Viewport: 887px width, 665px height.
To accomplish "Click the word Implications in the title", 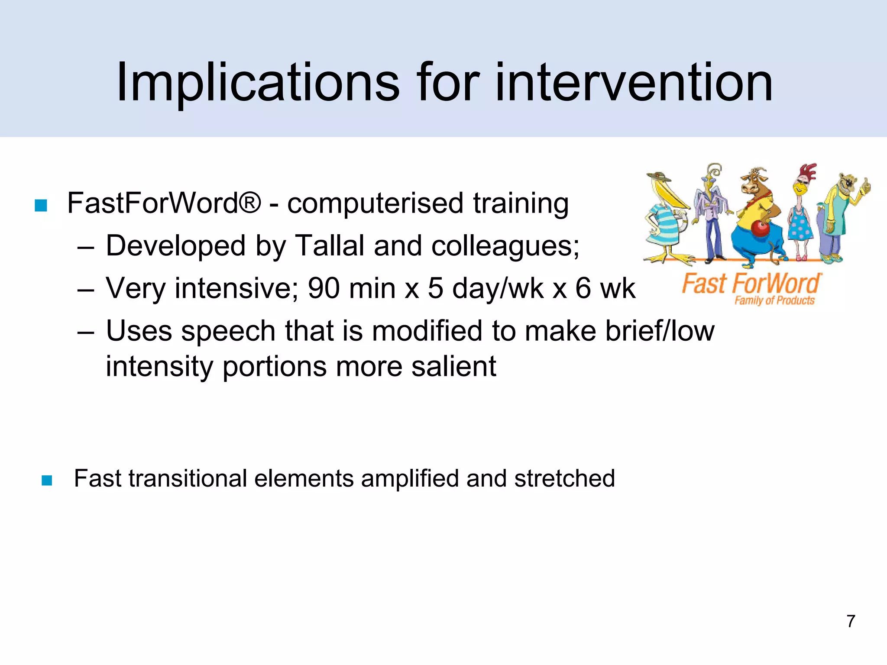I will coord(258,82).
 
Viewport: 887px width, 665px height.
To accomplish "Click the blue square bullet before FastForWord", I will coord(41,205).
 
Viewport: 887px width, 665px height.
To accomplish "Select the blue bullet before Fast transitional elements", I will coord(47,480).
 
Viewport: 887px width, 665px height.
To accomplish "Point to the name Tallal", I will coord(329,246).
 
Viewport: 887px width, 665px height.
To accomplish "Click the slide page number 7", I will coord(851,621).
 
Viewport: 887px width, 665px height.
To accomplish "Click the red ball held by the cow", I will coord(761,228).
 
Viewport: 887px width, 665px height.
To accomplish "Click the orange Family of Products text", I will coord(774,300).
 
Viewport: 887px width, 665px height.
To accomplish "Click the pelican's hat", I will coord(658,176).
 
